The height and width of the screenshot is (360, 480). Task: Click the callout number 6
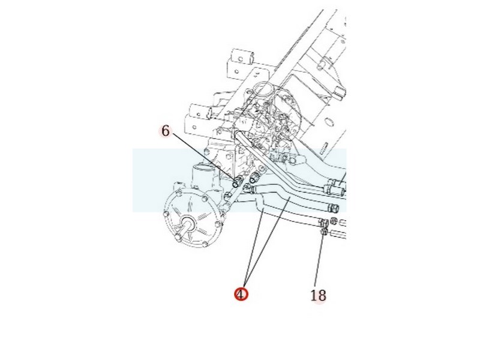[166, 131]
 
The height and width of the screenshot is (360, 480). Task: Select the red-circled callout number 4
[241, 295]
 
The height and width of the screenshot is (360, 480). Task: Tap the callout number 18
[318, 296]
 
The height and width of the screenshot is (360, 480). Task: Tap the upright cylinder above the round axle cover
[202, 178]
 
